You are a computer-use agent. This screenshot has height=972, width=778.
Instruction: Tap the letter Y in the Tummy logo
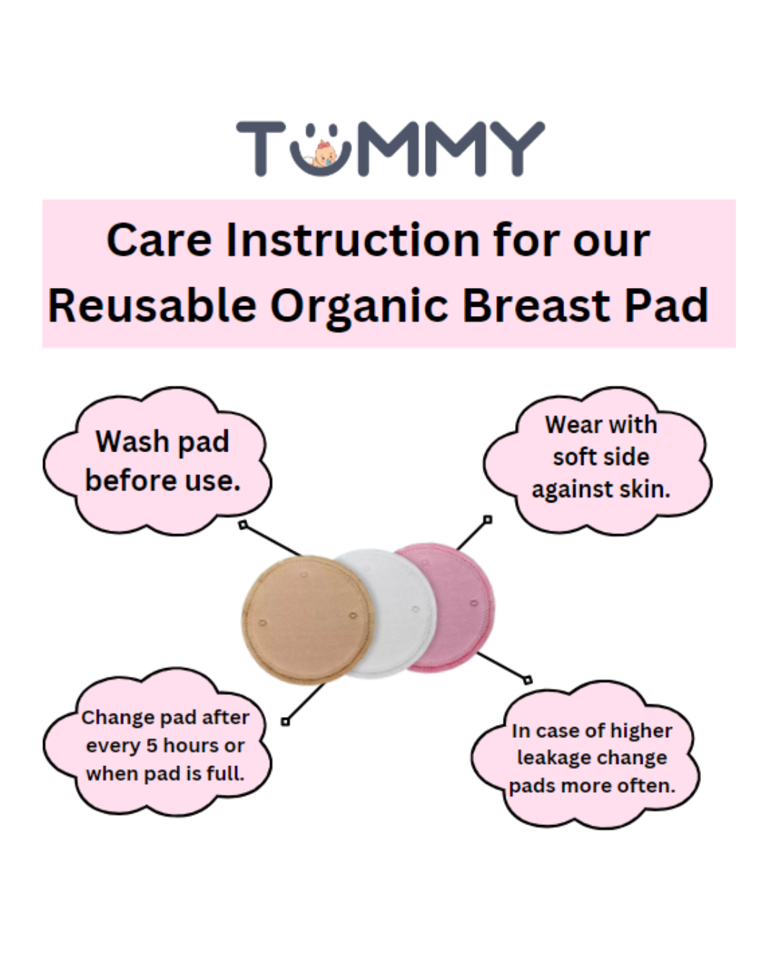pyautogui.click(x=518, y=148)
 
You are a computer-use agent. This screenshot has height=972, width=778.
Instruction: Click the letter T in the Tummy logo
pyautogui.click(x=261, y=148)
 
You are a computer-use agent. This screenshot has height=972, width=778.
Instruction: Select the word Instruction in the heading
pyautogui.click(x=352, y=240)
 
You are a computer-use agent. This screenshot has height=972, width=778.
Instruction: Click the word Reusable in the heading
pyautogui.click(x=152, y=306)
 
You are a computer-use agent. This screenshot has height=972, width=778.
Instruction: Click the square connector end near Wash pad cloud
pyautogui.click(x=243, y=525)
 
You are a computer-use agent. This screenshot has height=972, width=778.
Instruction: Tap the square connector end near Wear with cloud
pyautogui.click(x=488, y=520)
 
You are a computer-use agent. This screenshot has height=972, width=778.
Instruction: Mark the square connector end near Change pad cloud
pyautogui.click(x=285, y=721)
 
